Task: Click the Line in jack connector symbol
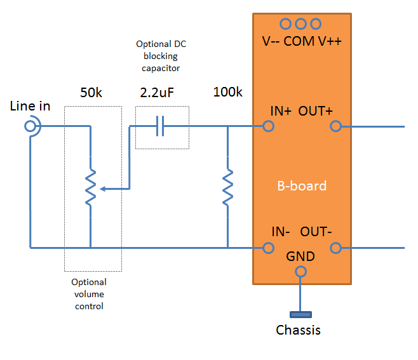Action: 30,126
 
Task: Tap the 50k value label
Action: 91,93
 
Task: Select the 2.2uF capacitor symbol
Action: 160,126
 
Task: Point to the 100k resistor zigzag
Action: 227,187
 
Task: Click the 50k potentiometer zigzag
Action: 91,187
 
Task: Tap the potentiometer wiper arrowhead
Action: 103,189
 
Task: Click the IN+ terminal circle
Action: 268,126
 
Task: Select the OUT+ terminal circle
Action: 335,126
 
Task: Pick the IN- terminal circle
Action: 268,248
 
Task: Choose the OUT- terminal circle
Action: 335,248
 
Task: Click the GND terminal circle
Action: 300,272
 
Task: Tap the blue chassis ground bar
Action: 300,315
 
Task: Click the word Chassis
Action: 298,330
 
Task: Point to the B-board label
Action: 302,186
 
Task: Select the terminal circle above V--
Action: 285,24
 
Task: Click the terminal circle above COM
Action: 300,24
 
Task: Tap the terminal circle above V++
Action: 316,24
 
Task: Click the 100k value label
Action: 228,92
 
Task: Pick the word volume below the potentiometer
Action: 89,294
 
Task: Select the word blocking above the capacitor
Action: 161,57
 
